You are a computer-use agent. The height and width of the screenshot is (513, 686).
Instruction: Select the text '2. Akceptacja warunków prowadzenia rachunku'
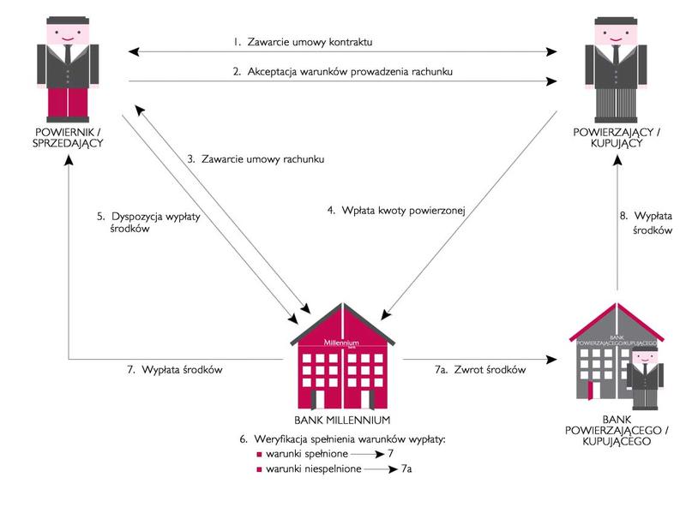tap(343, 72)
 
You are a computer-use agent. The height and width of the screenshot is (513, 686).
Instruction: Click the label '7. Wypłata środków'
tap(175, 370)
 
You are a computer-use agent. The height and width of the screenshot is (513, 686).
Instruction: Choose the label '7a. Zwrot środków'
tap(480, 370)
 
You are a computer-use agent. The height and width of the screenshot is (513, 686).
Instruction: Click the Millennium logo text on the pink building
tap(341, 343)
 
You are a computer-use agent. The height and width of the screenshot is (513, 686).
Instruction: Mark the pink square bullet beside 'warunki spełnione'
tap(258, 455)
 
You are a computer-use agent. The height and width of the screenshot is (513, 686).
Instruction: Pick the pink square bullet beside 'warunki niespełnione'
tap(258, 470)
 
